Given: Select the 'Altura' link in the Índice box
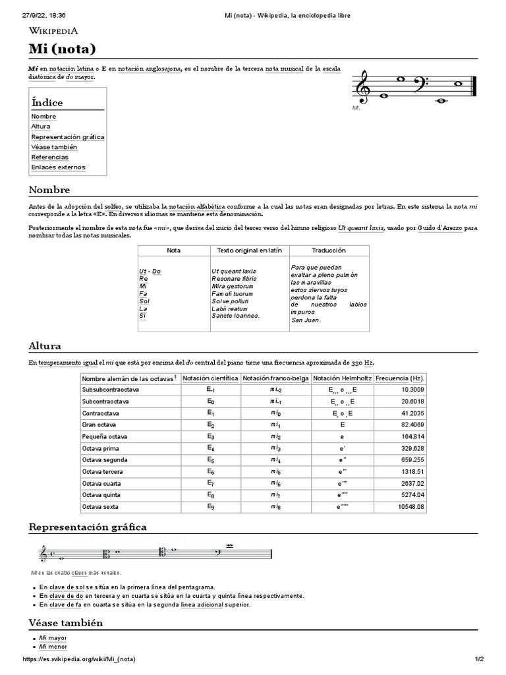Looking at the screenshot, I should [x=40, y=127].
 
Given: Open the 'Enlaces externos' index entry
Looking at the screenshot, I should [x=58, y=167].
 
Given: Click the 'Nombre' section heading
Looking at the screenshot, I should [x=49, y=190].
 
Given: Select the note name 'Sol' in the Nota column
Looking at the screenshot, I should [x=144, y=301].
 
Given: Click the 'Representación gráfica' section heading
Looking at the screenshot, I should [x=88, y=527].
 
